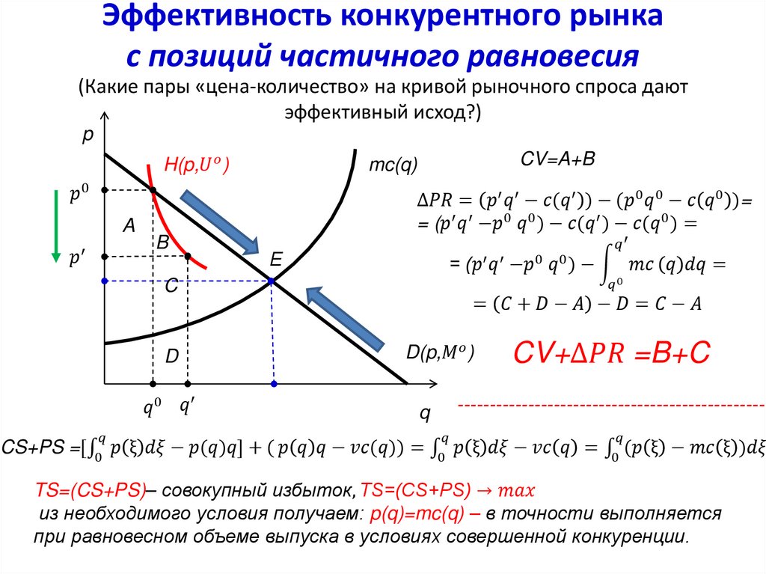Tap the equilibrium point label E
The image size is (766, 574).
(275, 260)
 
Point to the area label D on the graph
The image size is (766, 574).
(171, 357)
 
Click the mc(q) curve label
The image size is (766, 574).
(393, 164)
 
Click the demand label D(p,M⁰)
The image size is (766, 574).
(441, 351)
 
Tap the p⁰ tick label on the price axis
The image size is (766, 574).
(79, 194)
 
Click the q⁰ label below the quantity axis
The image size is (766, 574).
(153, 409)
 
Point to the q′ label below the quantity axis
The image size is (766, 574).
(187, 408)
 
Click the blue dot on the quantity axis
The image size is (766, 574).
(274, 384)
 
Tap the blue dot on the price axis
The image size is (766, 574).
(105, 281)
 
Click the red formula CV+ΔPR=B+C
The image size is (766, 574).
(610, 353)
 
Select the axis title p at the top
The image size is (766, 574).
(88, 135)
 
